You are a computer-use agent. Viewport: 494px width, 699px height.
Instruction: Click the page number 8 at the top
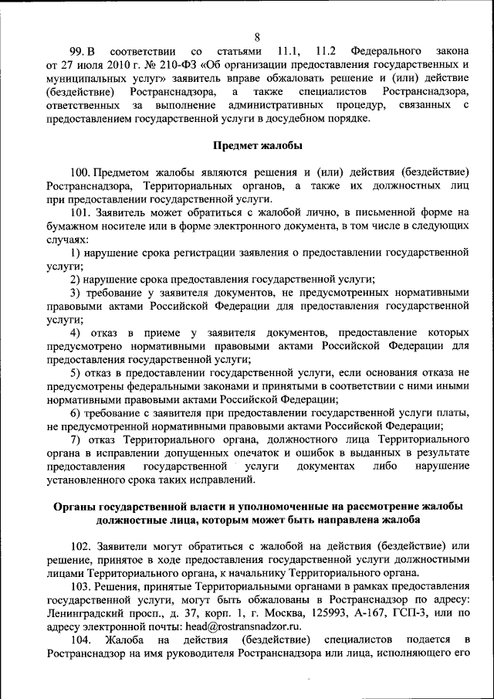point(257,35)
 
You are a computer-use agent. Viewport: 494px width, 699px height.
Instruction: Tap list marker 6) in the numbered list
point(76,412)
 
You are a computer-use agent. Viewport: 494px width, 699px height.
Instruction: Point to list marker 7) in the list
point(76,439)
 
